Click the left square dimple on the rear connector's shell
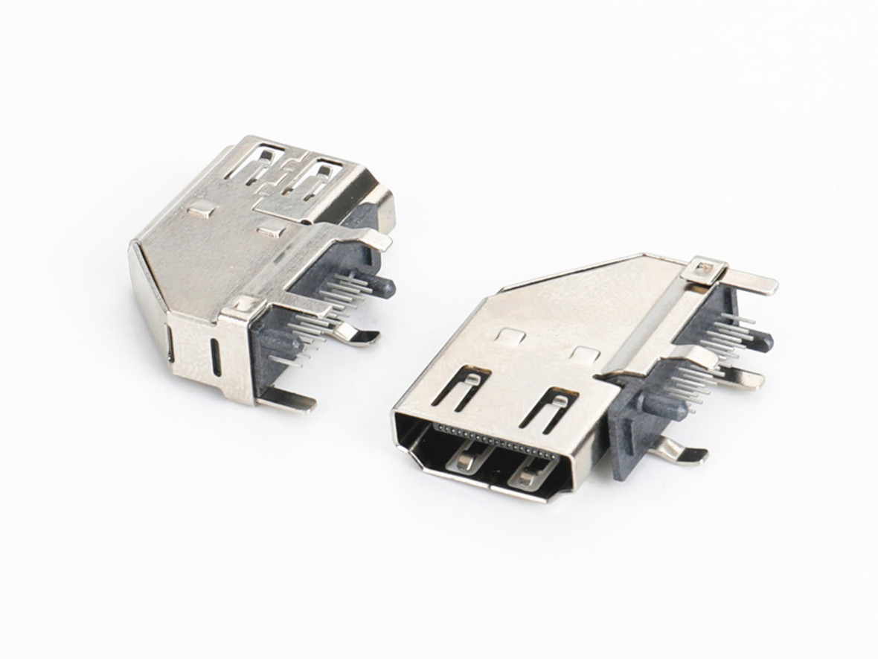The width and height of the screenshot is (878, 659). (x=201, y=211)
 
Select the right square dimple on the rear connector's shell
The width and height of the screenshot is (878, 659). (x=271, y=229)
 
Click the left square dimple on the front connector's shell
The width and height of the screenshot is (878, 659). (x=510, y=337)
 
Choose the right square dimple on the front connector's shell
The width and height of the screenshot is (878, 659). (x=586, y=354)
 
